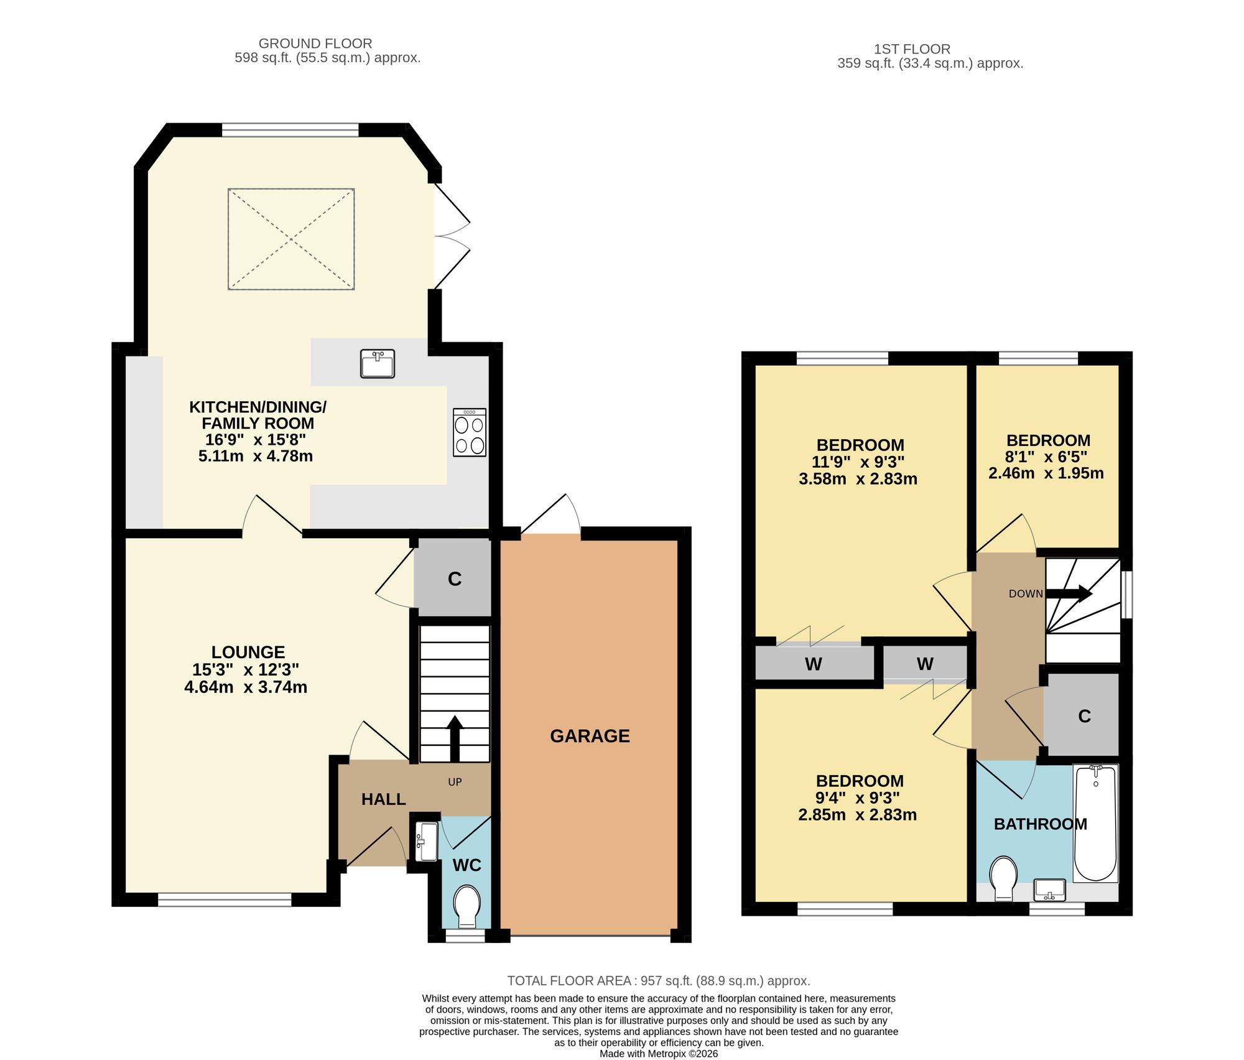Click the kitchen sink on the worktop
pyautogui.click(x=378, y=364)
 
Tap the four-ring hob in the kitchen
pyautogui.click(x=470, y=432)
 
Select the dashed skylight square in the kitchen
pyautogui.click(x=291, y=239)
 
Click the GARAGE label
pyautogui.click(x=590, y=736)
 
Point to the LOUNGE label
pyautogui.click(x=248, y=652)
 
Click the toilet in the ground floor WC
pyautogui.click(x=467, y=906)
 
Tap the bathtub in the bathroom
pyautogui.click(x=1095, y=823)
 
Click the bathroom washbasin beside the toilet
pyautogui.click(x=1049, y=890)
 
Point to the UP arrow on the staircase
pyautogui.click(x=455, y=738)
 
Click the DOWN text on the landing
pyautogui.click(x=1026, y=594)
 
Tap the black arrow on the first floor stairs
pyautogui.click(x=1069, y=593)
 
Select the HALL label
pyautogui.click(x=383, y=799)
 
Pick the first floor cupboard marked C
pyautogui.click(x=1082, y=715)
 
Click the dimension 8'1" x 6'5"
pyautogui.click(x=1046, y=457)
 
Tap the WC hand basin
pyautogui.click(x=426, y=842)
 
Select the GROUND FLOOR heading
pyautogui.click(x=315, y=44)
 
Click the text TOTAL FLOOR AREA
pyautogui.click(x=569, y=981)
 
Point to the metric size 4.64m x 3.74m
pyautogui.click(x=246, y=687)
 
